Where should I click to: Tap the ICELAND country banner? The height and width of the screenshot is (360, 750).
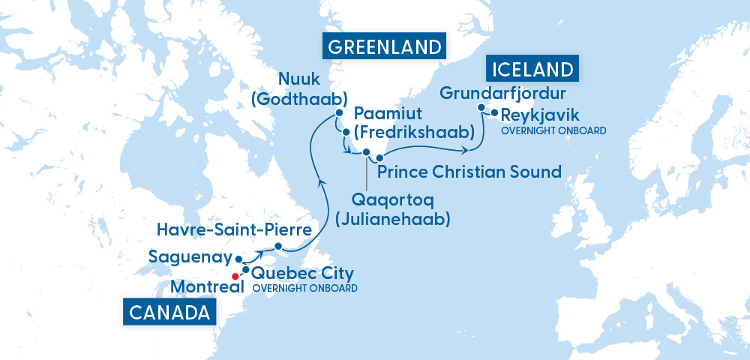click(534, 70)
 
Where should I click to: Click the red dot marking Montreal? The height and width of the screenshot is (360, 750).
click(235, 276)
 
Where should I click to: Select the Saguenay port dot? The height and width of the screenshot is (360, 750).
click(239, 257)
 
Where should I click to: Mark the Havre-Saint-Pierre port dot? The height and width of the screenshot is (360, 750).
click(278, 247)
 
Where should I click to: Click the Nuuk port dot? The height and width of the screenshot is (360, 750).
click(339, 113)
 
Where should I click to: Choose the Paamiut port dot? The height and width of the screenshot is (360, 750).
click(346, 132)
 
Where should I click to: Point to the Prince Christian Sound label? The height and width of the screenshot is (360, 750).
click(469, 172)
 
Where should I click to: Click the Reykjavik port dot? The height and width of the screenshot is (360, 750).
click(494, 114)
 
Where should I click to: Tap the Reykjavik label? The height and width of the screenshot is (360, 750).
click(544, 115)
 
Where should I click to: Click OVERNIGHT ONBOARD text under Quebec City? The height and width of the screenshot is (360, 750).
click(304, 288)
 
